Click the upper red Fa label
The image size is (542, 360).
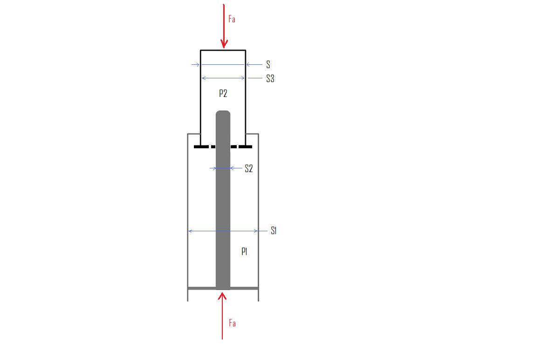pyautogui.click(x=232, y=19)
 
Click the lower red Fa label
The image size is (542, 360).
pyautogui.click(x=232, y=323)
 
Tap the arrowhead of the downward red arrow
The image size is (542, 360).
pyautogui.click(x=224, y=44)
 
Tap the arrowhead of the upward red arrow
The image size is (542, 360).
pyautogui.click(x=222, y=296)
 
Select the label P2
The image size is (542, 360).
pyautogui.click(x=223, y=93)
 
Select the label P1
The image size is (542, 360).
pyautogui.click(x=244, y=252)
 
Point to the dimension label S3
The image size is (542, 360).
pyautogui.click(x=270, y=79)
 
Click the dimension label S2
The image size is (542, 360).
pyautogui.click(x=249, y=168)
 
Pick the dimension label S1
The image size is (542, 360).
pyautogui.click(x=274, y=231)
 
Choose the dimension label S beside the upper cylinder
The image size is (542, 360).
pyautogui.click(x=268, y=64)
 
